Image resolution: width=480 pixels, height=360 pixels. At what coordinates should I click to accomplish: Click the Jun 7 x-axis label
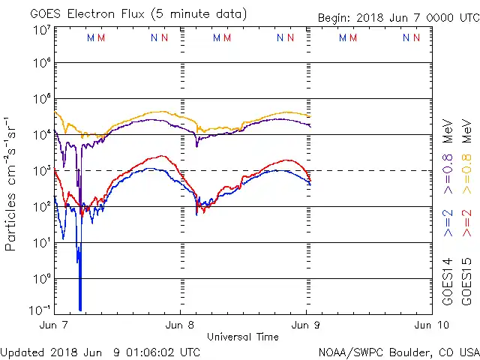pyautogui.click(x=54, y=325)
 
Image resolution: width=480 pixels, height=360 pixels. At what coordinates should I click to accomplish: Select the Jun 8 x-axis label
pyautogui.click(x=180, y=325)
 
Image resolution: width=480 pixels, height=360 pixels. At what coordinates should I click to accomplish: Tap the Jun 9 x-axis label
pyautogui.click(x=307, y=325)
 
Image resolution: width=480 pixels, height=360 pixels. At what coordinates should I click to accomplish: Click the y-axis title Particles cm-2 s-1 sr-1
pyautogui.click(x=11, y=184)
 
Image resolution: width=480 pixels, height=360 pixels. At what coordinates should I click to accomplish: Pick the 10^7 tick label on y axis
pyautogui.click(x=41, y=31)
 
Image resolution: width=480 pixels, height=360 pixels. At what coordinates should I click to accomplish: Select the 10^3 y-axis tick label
pyautogui.click(x=41, y=171)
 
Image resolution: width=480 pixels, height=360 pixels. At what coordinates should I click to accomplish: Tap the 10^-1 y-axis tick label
pyautogui.click(x=41, y=310)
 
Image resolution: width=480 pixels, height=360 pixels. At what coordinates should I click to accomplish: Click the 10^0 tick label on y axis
pyautogui.click(x=41, y=279)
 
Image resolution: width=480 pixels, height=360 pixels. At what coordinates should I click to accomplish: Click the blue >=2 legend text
pyautogui.click(x=448, y=224)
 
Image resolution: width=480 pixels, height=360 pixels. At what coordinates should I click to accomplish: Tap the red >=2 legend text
pyautogui.click(x=467, y=224)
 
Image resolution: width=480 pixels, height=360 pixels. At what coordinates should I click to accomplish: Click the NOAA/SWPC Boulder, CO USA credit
pyautogui.click(x=398, y=352)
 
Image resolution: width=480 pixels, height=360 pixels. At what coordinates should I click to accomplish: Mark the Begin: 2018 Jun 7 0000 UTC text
pyautogui.click(x=398, y=17)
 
